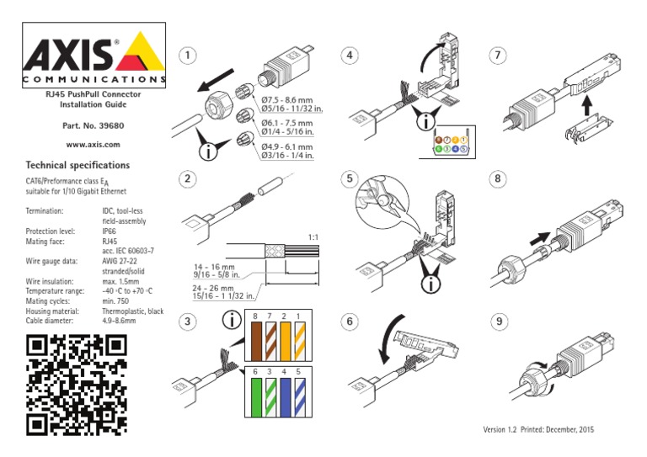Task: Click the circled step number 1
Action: point(190,56)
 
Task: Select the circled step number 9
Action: point(500,321)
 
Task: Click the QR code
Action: point(77,385)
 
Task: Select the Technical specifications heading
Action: point(78,165)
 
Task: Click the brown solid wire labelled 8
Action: point(254,347)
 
